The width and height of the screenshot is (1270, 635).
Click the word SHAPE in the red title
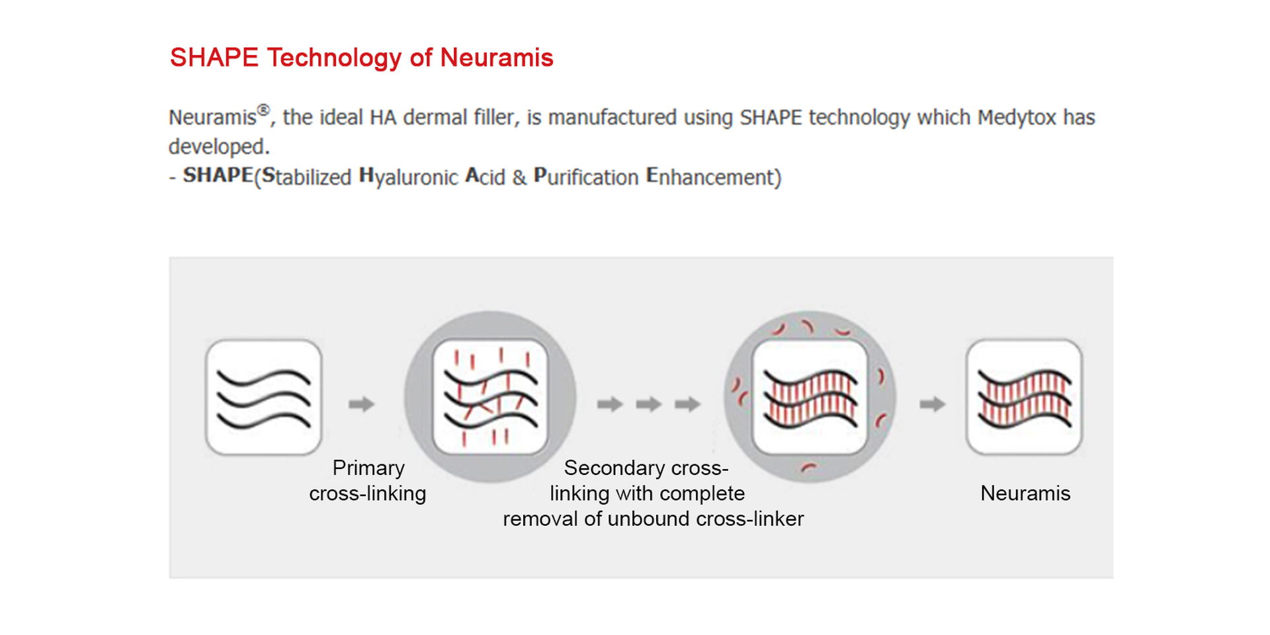214,58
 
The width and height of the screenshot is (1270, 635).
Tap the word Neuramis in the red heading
497,58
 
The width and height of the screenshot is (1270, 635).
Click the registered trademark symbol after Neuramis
264,110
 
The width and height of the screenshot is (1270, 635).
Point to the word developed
219,146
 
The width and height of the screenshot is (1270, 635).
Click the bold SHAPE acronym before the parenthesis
218,175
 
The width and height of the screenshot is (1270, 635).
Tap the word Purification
586,177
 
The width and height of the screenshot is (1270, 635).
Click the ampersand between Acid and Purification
519,177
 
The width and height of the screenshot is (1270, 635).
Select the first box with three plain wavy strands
264,397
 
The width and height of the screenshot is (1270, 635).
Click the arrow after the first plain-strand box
361,403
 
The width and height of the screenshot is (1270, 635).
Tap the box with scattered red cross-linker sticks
490,397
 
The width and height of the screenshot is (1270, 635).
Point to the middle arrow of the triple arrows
648,403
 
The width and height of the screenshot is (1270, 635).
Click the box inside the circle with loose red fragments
810,397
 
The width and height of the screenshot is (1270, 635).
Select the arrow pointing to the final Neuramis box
932,403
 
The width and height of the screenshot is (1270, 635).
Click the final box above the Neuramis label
1025,397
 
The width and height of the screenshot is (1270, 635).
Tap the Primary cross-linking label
368,481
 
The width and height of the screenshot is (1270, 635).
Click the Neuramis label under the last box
1025,493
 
